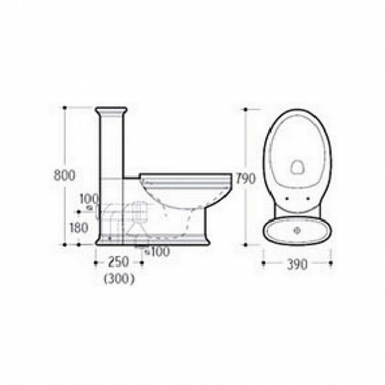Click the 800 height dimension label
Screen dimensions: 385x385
tap(65, 175)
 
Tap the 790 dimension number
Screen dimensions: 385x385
tap(245, 179)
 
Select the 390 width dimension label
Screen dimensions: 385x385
tap(297, 264)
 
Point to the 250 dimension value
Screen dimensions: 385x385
tap(118, 262)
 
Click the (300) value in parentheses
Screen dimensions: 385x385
tap(119, 279)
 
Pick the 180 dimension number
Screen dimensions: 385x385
tap(79, 228)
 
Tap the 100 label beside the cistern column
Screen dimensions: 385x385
tap(89, 199)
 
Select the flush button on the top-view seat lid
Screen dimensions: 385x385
tap(297, 167)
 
